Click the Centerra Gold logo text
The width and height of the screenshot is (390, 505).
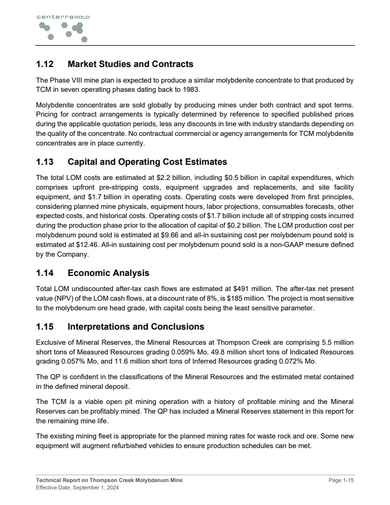point(63,17)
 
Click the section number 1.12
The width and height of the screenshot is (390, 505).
point(45,64)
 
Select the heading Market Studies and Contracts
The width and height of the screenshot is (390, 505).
point(130,64)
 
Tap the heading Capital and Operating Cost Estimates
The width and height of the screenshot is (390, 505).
point(147,162)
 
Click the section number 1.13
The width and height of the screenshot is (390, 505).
point(45,162)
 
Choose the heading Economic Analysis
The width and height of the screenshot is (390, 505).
point(108,273)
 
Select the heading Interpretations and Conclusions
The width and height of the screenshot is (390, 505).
point(136,327)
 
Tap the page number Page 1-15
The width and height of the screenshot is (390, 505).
point(341,480)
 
